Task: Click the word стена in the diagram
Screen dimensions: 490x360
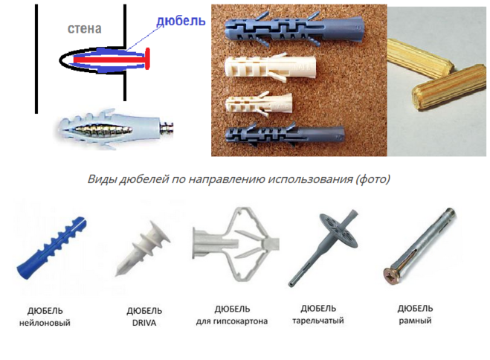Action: (x=84, y=29)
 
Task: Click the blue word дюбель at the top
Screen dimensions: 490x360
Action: (x=181, y=21)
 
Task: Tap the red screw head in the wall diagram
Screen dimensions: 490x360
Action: (x=147, y=58)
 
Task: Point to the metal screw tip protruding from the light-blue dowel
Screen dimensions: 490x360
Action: (x=167, y=129)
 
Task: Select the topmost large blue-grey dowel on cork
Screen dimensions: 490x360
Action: (x=295, y=29)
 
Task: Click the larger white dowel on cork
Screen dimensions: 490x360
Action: (x=271, y=68)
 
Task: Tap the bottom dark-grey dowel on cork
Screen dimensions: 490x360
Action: (x=285, y=136)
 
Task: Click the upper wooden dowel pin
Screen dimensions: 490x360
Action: (x=420, y=59)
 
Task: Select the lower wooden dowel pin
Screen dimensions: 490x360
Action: (x=450, y=87)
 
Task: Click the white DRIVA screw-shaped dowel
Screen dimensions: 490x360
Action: (x=143, y=248)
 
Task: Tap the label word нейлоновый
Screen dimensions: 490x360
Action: (x=45, y=323)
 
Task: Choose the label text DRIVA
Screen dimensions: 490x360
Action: (x=144, y=323)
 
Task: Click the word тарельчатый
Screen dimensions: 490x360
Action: (x=318, y=321)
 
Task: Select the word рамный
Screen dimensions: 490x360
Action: (x=415, y=321)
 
